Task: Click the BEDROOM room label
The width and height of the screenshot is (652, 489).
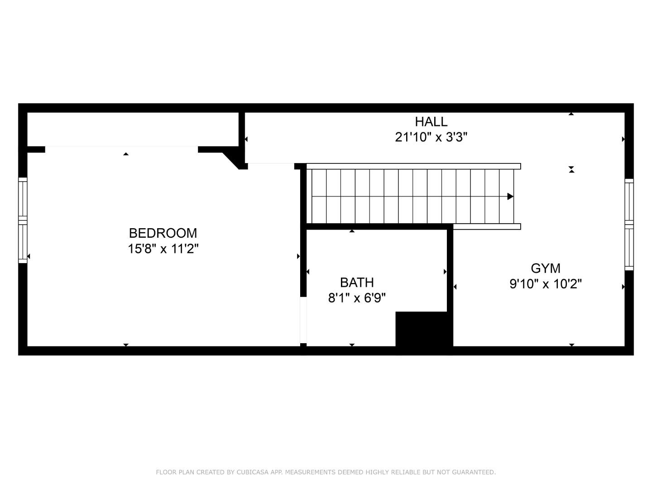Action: [x=163, y=233]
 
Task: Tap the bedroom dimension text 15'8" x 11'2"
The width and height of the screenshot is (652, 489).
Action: [x=163, y=249]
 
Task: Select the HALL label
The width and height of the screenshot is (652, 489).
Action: [x=431, y=122]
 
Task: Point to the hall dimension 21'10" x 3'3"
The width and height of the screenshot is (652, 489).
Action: [x=431, y=137]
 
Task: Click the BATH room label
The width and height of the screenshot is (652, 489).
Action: [x=357, y=283]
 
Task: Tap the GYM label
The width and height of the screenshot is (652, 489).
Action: [x=546, y=268]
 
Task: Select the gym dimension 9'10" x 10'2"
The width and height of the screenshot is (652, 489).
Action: [x=546, y=284]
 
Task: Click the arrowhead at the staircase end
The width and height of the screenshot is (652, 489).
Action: [x=510, y=197]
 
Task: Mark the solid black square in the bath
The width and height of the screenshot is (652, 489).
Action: [x=422, y=329]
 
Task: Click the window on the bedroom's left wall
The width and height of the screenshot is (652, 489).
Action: [x=23, y=220]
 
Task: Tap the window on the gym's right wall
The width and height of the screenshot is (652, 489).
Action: [x=629, y=224]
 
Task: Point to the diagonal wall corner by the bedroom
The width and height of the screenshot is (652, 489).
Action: [x=232, y=160]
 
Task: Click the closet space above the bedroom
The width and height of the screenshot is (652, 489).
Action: [x=133, y=129]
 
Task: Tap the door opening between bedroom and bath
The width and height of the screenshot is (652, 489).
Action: [x=303, y=320]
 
